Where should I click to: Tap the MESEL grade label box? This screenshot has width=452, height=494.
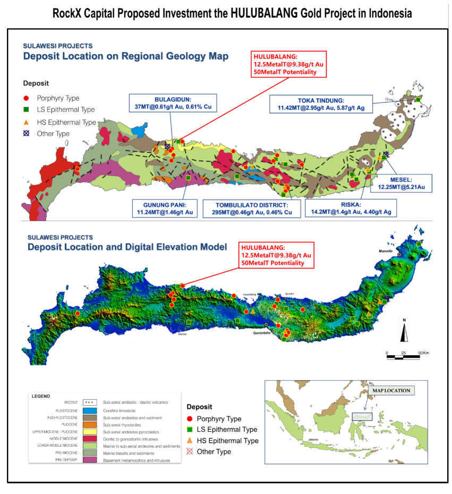405,183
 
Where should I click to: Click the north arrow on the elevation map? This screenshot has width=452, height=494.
404,330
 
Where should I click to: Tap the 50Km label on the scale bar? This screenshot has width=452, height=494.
423,353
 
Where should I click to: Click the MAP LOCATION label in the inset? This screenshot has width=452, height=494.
390,390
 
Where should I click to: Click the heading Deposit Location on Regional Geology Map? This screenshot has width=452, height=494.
125,56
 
